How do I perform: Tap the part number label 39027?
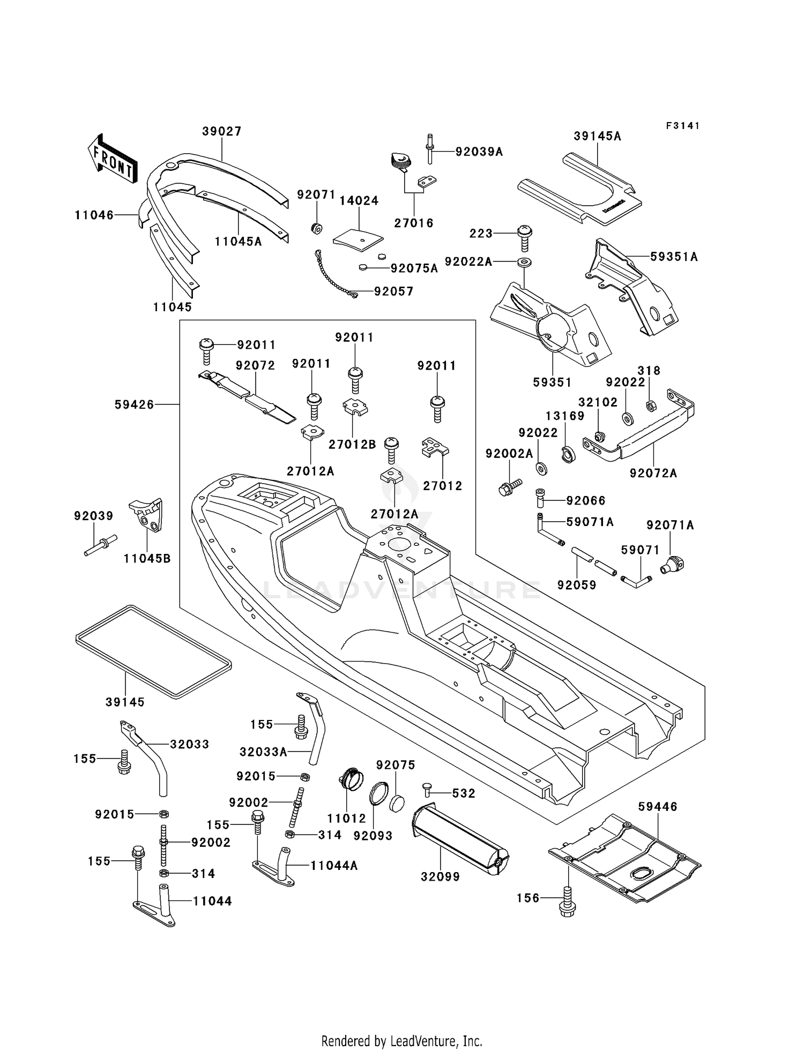pyautogui.click(x=222, y=131)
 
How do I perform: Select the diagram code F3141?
pyautogui.click(x=683, y=126)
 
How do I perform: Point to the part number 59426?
pyautogui.click(x=134, y=404)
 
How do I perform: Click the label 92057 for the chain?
pyautogui.click(x=394, y=291)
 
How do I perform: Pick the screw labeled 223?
pyautogui.click(x=524, y=238)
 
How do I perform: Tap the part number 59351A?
pyautogui.click(x=674, y=257)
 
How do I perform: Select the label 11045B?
pyautogui.click(x=147, y=558)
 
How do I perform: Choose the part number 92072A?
pyautogui.click(x=653, y=473)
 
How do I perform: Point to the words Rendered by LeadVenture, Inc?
pyautogui.click(x=402, y=1041)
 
